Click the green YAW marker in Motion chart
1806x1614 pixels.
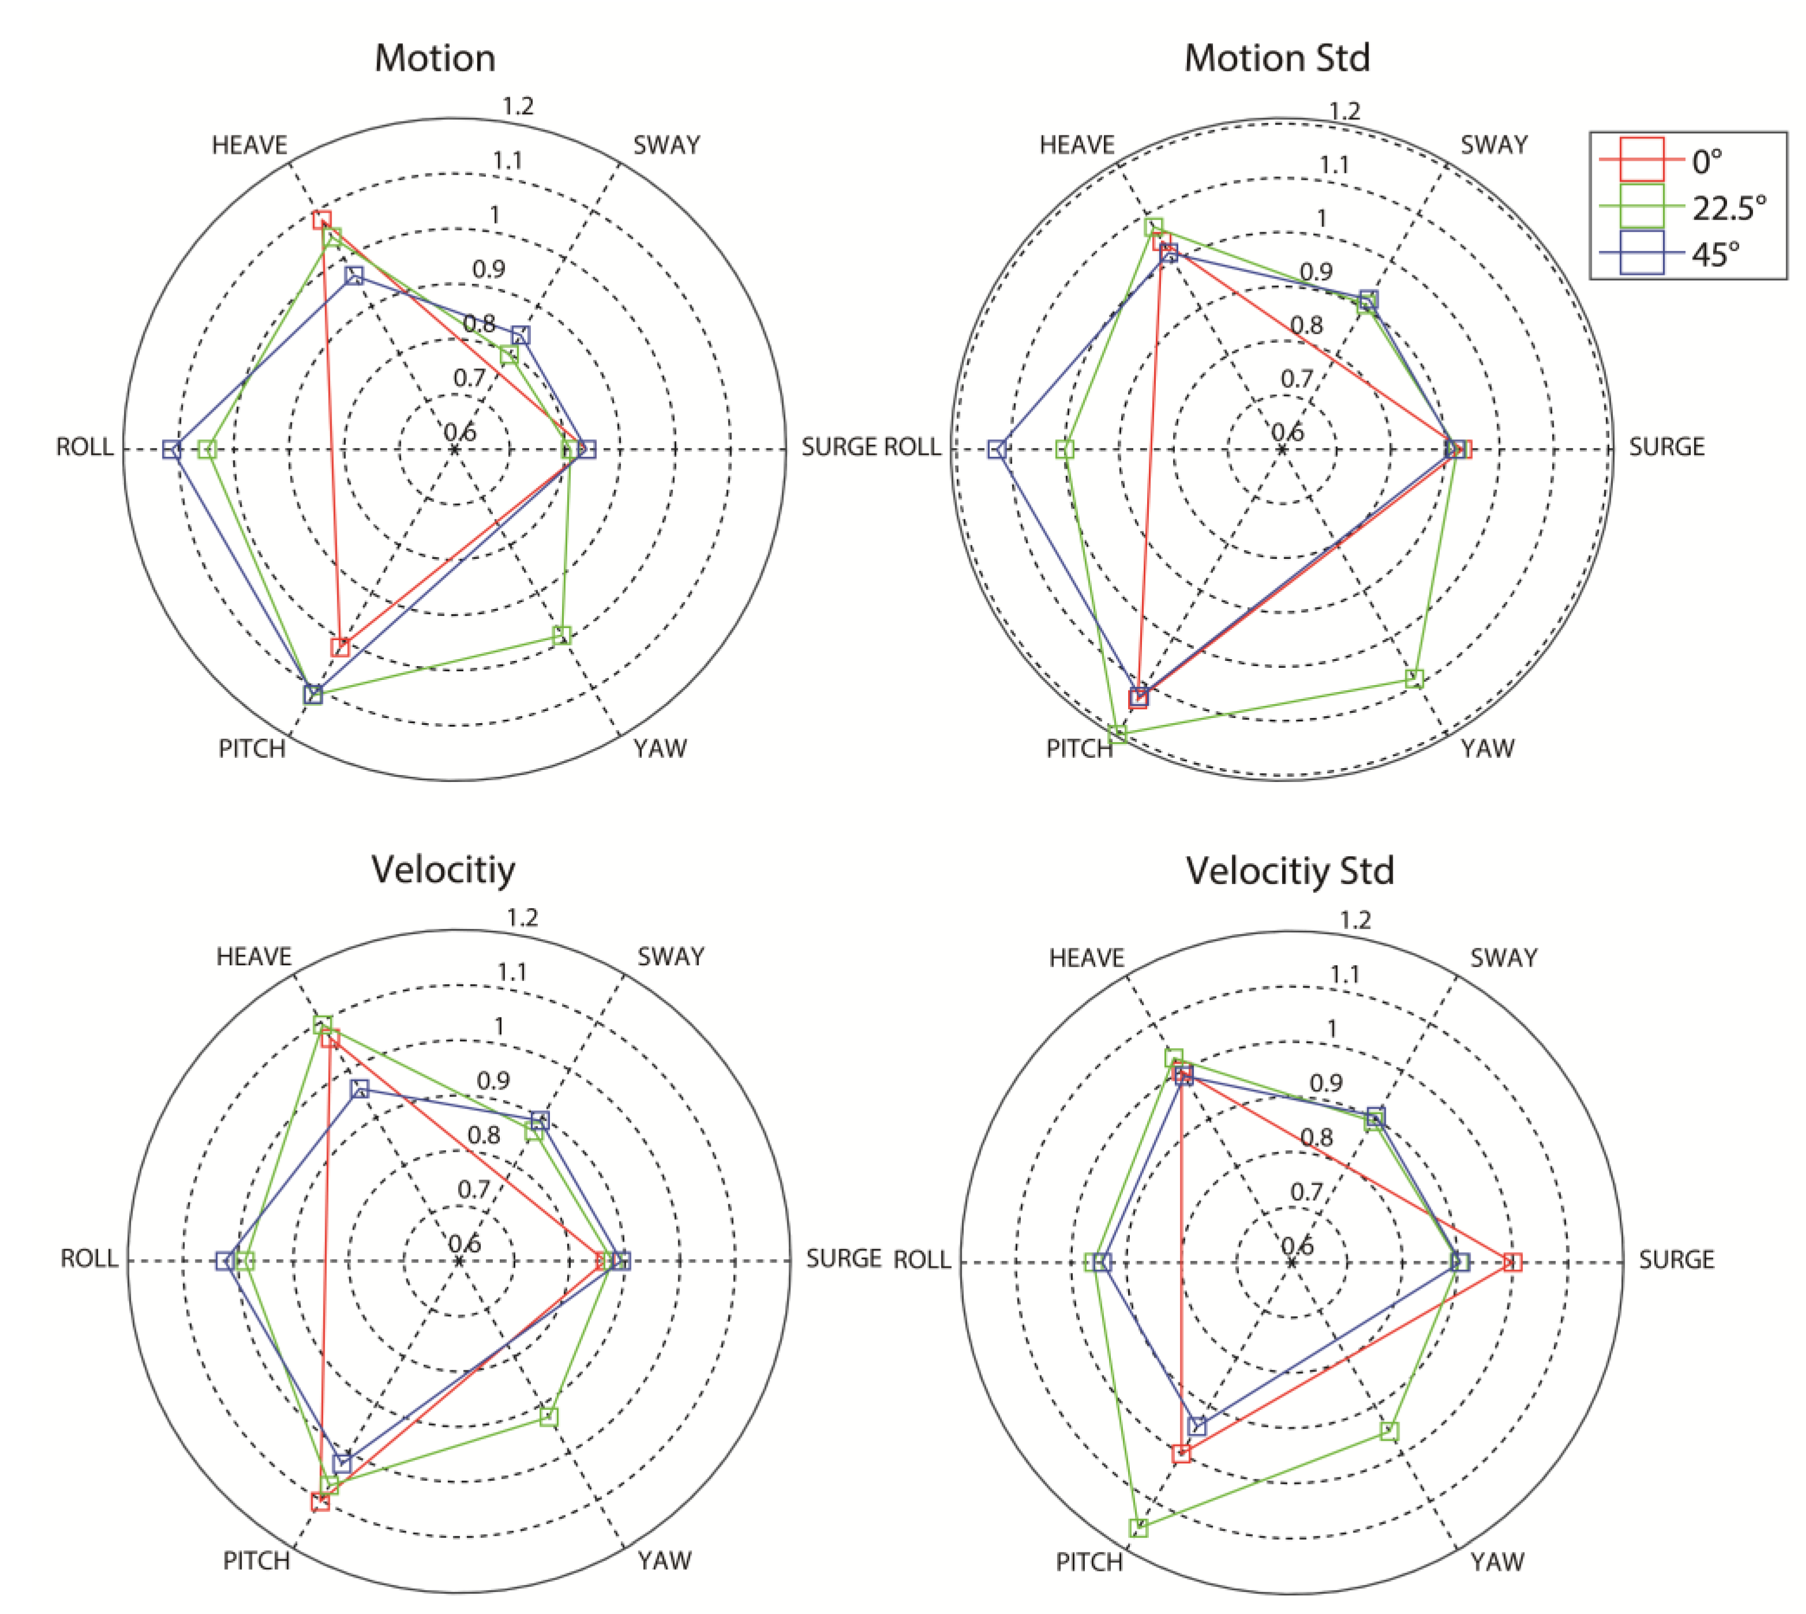tap(561, 635)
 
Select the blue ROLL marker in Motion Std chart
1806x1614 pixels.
tap(997, 449)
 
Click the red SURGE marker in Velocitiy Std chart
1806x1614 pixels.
tap(1513, 1262)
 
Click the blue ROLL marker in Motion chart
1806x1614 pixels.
tap(172, 449)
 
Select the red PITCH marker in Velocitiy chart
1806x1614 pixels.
tap(321, 1502)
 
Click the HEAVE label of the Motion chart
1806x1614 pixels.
tap(249, 145)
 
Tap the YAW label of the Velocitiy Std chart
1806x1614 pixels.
tap(1497, 1562)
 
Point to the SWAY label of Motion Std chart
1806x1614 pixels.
tap(1495, 145)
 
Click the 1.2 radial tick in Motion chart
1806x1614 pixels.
tap(518, 107)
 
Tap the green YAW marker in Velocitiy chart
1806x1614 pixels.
tap(549, 1416)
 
